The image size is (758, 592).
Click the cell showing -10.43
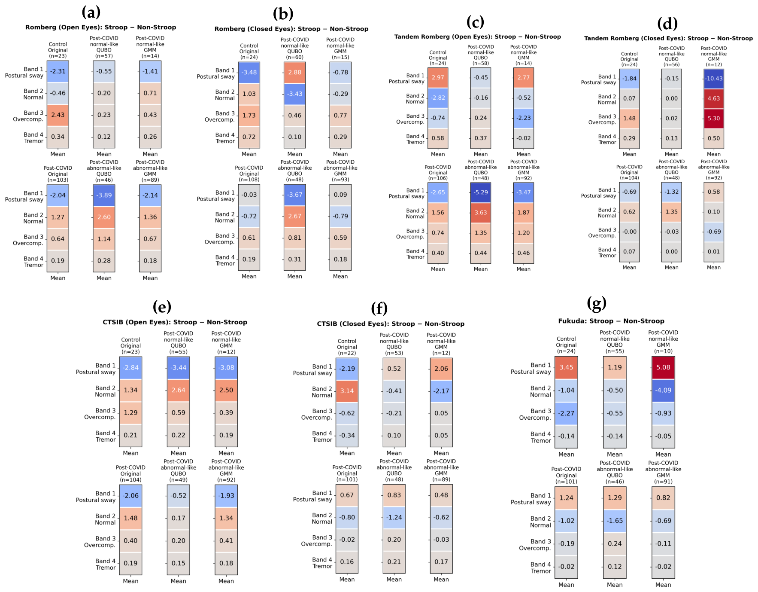(x=714, y=79)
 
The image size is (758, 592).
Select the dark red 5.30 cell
(x=714, y=119)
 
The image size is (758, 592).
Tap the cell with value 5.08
(x=663, y=368)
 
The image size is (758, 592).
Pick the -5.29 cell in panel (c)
(x=481, y=192)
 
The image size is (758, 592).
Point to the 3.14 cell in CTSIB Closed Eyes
(x=347, y=391)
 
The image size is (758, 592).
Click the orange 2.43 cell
(x=58, y=115)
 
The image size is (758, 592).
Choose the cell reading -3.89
(x=104, y=195)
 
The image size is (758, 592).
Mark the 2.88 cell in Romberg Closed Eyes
(x=295, y=73)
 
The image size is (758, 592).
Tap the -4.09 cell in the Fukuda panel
(x=663, y=391)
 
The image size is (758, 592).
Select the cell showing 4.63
(x=714, y=98)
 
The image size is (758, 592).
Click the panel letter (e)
(x=162, y=307)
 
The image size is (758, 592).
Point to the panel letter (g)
(x=597, y=304)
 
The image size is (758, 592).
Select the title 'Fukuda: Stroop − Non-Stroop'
(x=611, y=321)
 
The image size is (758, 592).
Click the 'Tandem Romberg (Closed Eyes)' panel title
(x=668, y=38)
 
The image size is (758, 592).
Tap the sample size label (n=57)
(x=104, y=56)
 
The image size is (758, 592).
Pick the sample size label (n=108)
(x=249, y=180)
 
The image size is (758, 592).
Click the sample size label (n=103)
(x=58, y=180)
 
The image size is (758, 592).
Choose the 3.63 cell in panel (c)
(x=481, y=213)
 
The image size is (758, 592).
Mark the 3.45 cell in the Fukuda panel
(x=566, y=368)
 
